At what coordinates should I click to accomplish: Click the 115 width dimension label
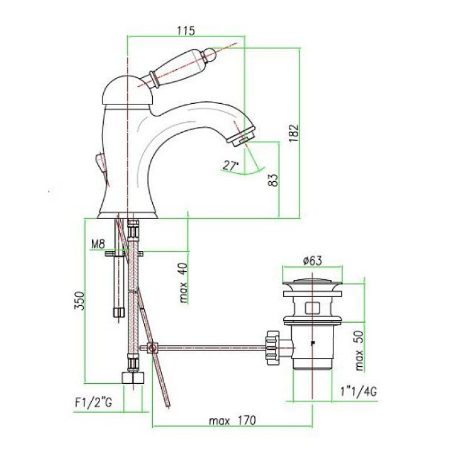point(186,31)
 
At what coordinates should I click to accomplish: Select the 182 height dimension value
point(293,133)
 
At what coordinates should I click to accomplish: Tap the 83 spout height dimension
point(273,180)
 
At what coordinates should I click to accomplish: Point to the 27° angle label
point(231,165)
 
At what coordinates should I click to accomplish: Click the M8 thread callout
point(98,244)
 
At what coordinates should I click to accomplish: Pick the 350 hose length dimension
point(79,301)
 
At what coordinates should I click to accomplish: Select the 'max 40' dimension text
point(183,283)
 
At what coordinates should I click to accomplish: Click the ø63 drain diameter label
point(312,261)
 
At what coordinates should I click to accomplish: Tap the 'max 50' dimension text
point(359,350)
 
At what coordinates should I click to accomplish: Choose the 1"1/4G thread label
point(359,392)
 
